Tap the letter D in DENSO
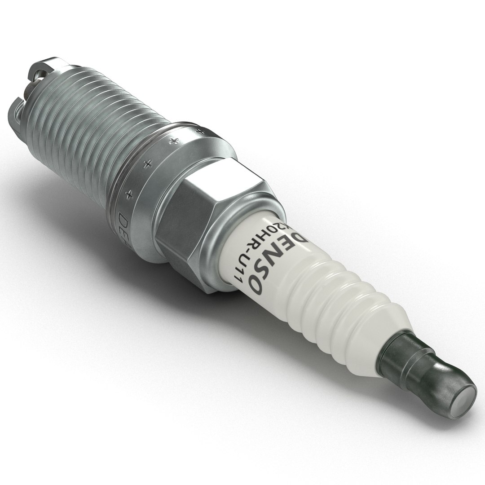297,239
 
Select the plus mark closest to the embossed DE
129,194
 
